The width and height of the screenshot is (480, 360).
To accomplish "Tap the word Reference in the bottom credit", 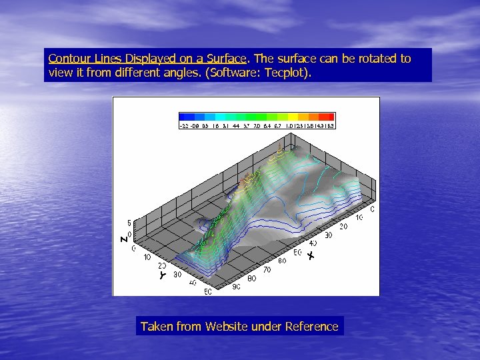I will pyautogui.click(x=311, y=327).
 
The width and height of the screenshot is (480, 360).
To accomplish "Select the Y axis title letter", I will pyautogui.click(x=162, y=275).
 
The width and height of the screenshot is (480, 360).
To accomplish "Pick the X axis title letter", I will pyautogui.click(x=311, y=255).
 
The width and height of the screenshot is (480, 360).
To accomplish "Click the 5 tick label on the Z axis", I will pyautogui.click(x=129, y=222).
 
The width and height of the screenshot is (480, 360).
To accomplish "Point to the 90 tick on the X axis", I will pyautogui.click(x=237, y=287).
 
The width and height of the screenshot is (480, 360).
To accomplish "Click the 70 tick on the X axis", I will pyautogui.click(x=267, y=270).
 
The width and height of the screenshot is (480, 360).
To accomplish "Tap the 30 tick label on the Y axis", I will pyautogui.click(x=177, y=274).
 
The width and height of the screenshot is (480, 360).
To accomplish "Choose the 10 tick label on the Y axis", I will pyautogui.click(x=147, y=257).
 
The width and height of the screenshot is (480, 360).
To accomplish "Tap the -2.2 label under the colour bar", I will pyautogui.click(x=184, y=125).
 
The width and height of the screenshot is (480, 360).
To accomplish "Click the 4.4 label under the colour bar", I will pyautogui.click(x=236, y=125).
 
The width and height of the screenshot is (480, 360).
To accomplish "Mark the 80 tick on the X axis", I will pyautogui.click(x=251, y=279).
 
